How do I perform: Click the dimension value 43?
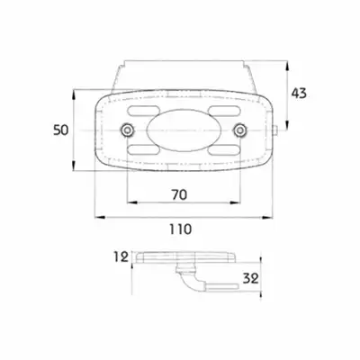(299, 94)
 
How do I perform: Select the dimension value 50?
(61, 130)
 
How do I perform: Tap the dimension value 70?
(179, 195)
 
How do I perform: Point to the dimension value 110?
(180, 229)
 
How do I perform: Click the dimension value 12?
(121, 257)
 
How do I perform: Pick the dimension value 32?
(251, 279)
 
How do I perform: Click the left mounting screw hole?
(128, 130)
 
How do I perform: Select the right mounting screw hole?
(239, 130)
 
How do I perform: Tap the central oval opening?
(184, 130)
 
